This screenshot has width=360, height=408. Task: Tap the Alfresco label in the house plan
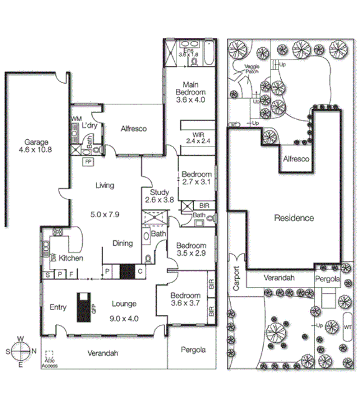(x=133, y=129)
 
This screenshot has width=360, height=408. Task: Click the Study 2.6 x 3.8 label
(x=159, y=196)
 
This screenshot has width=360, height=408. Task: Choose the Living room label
(x=104, y=184)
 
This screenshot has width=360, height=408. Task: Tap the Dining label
(x=122, y=243)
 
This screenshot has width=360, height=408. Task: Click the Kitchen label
(x=71, y=258)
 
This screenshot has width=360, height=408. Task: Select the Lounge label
(x=124, y=304)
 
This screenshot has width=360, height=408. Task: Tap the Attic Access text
(x=49, y=363)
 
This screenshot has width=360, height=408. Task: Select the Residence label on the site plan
(x=293, y=218)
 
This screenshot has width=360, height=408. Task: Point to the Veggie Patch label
(x=251, y=69)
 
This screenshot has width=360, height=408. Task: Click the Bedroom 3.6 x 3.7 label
(x=186, y=299)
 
